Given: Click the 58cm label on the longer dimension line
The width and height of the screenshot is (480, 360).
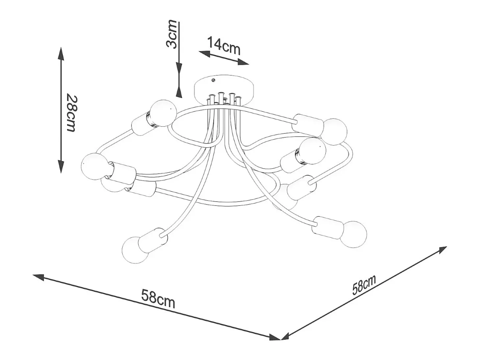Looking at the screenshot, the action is click(158, 299).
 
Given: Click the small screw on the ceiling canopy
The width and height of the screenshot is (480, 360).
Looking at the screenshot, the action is click(214, 81).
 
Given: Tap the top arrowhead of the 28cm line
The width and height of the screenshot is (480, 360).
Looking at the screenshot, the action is click(61, 54).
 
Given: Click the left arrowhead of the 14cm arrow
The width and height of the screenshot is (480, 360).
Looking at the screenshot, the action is click(204, 53).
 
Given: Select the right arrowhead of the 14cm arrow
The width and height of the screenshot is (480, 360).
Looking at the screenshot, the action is click(243, 62).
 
